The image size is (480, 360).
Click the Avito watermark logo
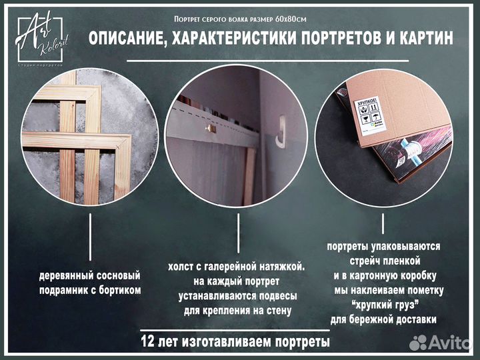440,343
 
